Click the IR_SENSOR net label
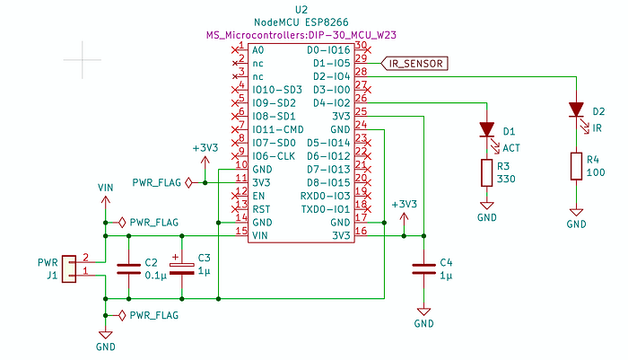(x=418, y=63)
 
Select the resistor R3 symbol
(x=487, y=173)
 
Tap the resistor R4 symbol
(x=575, y=166)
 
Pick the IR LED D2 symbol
(x=575, y=110)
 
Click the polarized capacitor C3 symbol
(x=183, y=268)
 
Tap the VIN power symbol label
(x=106, y=188)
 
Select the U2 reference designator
(x=301, y=8)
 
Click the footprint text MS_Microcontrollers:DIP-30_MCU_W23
(x=301, y=35)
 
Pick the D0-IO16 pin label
(x=328, y=50)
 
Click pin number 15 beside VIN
(x=240, y=231)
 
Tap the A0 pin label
(x=257, y=50)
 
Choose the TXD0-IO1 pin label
(x=325, y=208)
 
